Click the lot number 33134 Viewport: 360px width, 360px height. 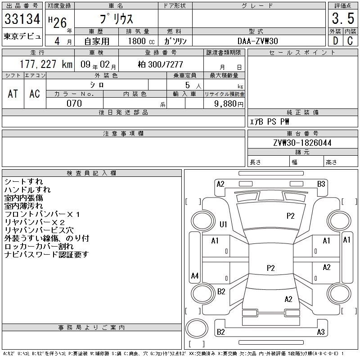pos(22,19)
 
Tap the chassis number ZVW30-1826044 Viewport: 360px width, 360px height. pos(302,143)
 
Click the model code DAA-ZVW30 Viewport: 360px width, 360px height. pos(257,40)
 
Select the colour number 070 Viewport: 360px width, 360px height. pos(74,103)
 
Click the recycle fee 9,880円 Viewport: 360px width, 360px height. pos(230,103)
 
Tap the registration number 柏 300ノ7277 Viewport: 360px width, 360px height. pos(160,64)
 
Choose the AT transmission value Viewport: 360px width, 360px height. pos(13,94)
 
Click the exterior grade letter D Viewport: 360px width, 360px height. pos(335,40)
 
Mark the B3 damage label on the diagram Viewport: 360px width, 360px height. pos(321,184)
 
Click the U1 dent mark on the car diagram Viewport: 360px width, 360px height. pos(223,224)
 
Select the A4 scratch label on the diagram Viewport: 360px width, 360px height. pos(195,275)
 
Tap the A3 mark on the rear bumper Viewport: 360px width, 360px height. pos(321,332)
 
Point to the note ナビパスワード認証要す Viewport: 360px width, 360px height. pos(47,254)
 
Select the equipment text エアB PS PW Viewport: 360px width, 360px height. pos(270,121)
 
